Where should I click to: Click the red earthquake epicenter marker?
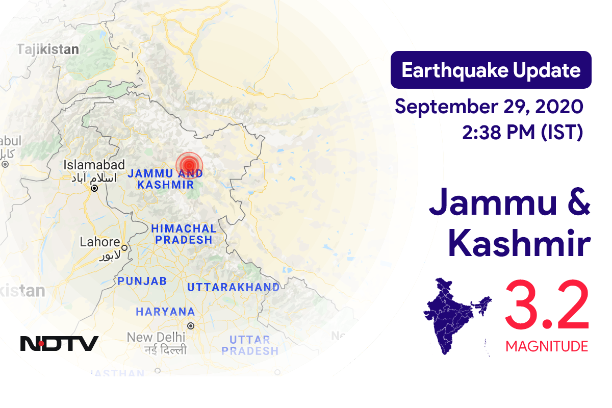[x=189, y=164]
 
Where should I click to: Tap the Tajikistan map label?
[x=48, y=49]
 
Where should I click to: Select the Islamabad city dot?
[x=94, y=188]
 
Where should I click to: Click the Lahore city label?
[x=100, y=242]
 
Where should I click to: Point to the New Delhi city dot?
[x=191, y=325]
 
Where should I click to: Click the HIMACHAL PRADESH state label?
[x=184, y=234]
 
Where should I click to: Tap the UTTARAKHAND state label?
[x=233, y=287]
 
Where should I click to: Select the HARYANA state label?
[x=165, y=312]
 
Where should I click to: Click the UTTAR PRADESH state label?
[x=250, y=345]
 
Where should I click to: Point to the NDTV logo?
[x=59, y=343]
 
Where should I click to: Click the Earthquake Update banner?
[x=491, y=70]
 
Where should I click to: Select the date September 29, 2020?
[x=489, y=107]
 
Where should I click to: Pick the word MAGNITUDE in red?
[x=547, y=347]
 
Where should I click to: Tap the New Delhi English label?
[x=156, y=337]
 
